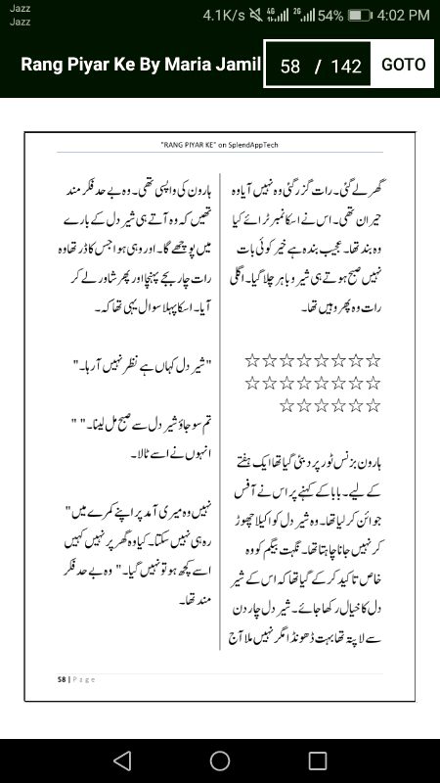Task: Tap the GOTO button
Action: pos(403,65)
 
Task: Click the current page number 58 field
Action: pos(290,67)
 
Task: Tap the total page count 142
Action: pos(346,67)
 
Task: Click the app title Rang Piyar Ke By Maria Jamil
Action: pos(141,65)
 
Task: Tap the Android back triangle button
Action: pos(122,760)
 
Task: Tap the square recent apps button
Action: pos(318,760)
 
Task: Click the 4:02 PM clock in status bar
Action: pos(403,15)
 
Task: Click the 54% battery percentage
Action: pos(330,15)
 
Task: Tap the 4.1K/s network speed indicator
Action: pos(223,15)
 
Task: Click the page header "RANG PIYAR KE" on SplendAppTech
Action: pos(219,143)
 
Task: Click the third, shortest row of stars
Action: pos(329,404)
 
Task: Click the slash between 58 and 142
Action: pos(318,67)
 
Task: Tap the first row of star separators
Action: pos(311,359)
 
